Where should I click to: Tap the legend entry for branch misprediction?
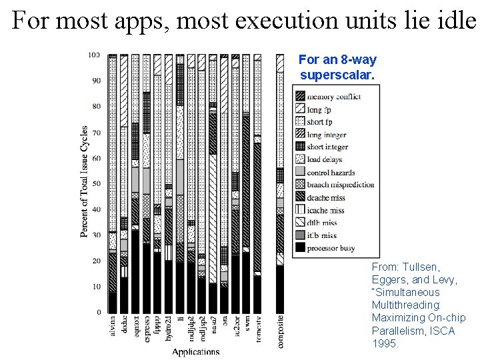pos(340,185)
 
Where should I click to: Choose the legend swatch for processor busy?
pos(300,248)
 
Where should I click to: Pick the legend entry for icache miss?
pos(325,210)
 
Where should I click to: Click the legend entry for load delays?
pos(324,159)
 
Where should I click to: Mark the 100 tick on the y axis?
pos(94,55)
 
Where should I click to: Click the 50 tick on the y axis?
pos(96,183)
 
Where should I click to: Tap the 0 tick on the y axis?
pos(99,312)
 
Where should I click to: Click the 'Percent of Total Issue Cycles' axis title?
pos(85,181)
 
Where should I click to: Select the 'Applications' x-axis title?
pos(195,351)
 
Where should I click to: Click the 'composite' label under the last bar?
pos(279,331)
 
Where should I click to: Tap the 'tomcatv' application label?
pos(257,330)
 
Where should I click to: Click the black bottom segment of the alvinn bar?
pos(113,301)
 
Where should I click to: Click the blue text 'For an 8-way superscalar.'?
pos(337,67)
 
